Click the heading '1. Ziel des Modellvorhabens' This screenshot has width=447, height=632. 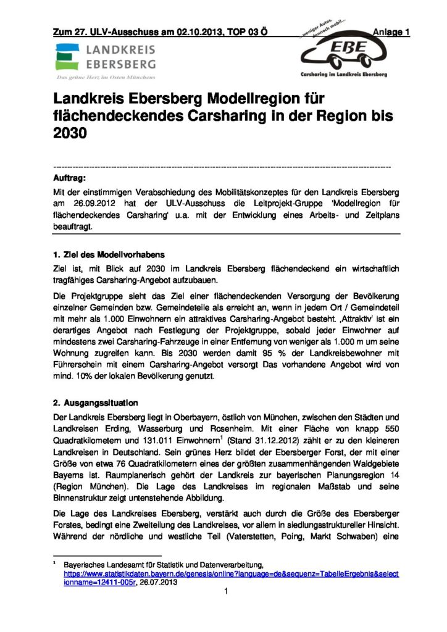click(108, 254)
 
